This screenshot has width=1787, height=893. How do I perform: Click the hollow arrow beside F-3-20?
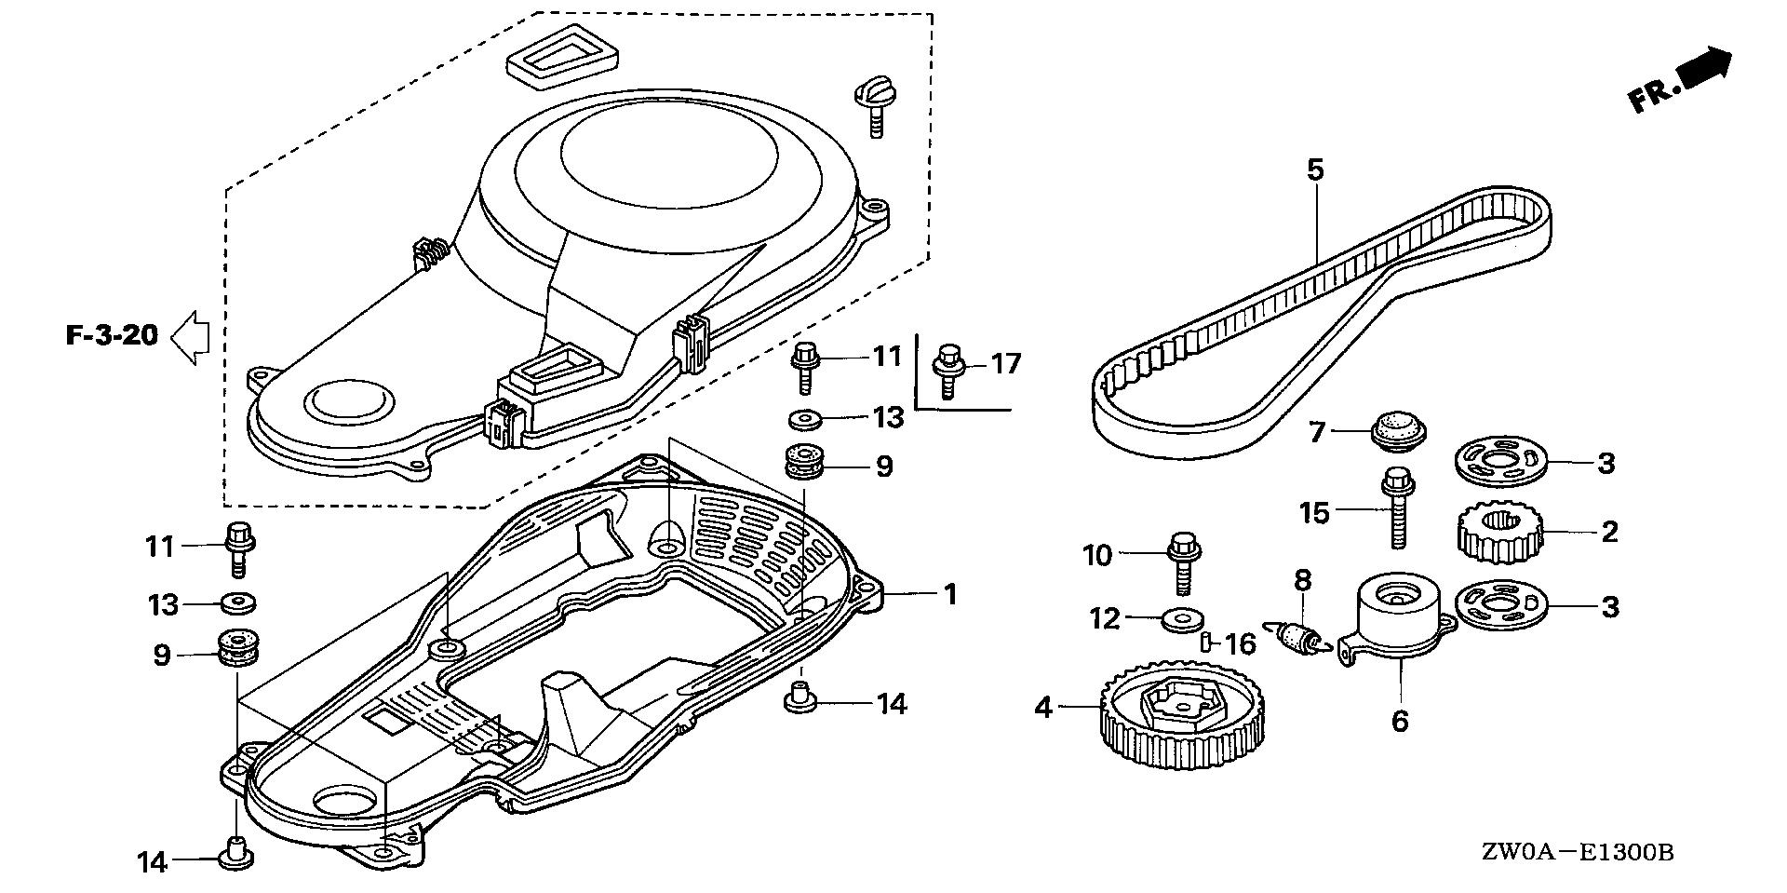(x=191, y=335)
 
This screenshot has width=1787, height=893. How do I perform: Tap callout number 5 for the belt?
(x=1315, y=170)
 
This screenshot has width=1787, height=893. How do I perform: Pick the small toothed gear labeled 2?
(x=1498, y=534)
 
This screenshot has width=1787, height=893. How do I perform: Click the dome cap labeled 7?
(x=1399, y=434)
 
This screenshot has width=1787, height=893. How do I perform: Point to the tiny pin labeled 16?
(x=1205, y=641)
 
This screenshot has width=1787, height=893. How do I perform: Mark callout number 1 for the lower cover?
(x=949, y=594)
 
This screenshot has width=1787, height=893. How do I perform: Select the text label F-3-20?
(x=112, y=335)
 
